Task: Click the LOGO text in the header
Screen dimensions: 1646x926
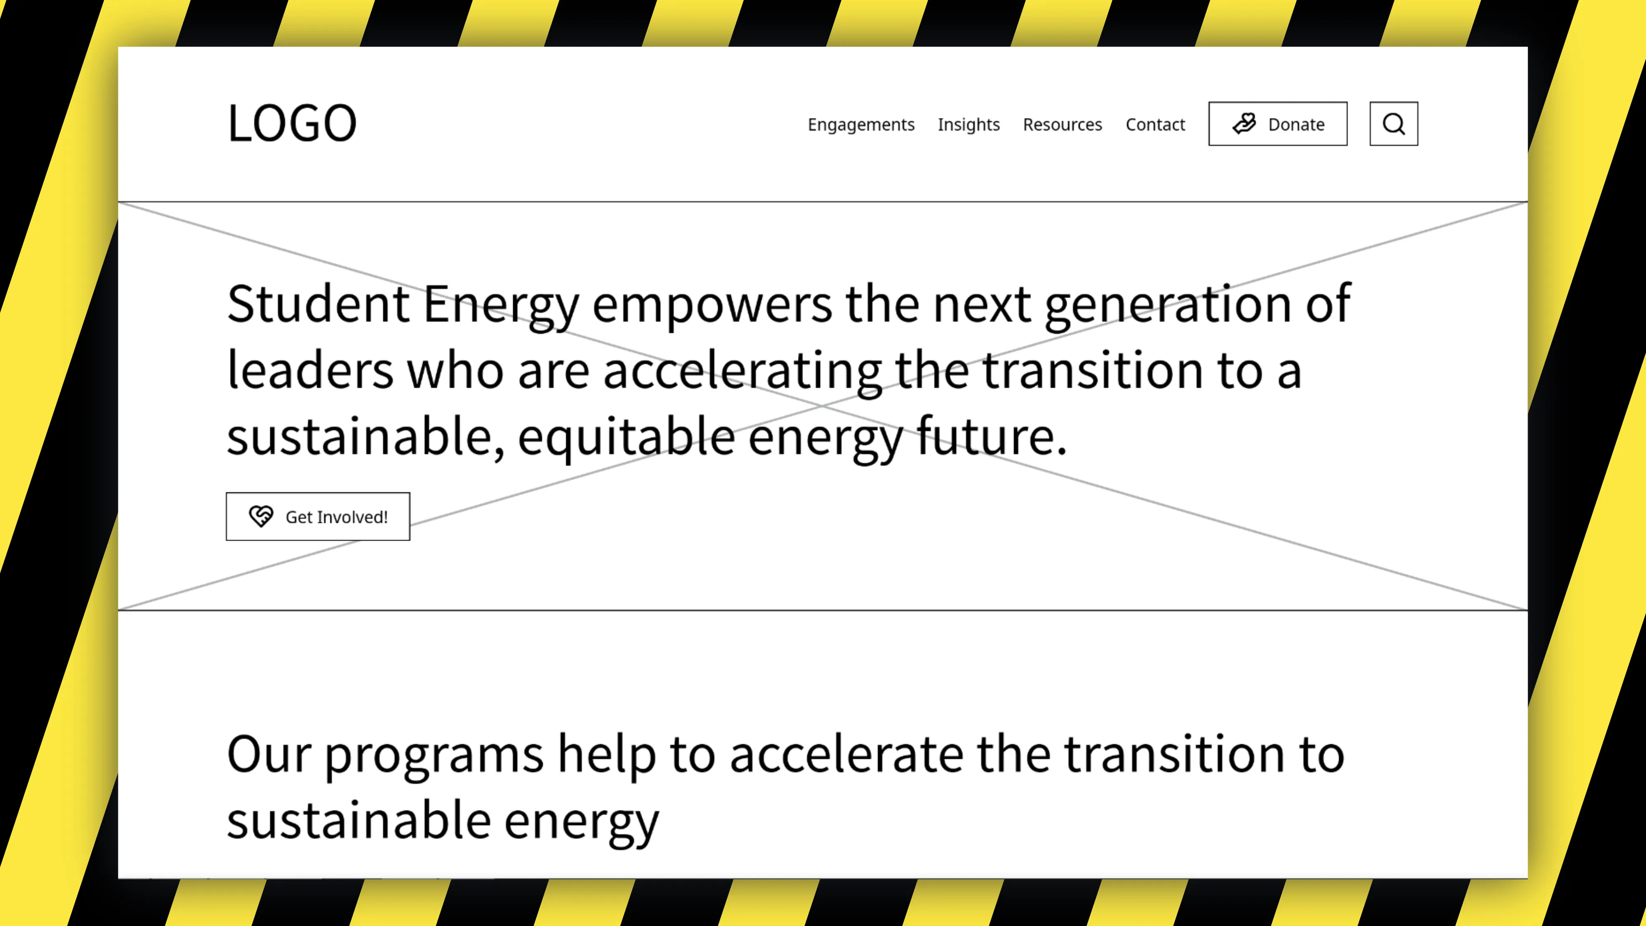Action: pyautogui.click(x=292, y=123)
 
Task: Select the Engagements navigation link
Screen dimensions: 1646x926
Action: pyautogui.click(x=861, y=125)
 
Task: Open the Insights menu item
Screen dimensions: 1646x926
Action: pyautogui.click(x=969, y=125)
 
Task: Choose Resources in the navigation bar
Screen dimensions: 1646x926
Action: pyautogui.click(x=1062, y=124)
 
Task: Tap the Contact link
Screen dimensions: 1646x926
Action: pyautogui.click(x=1155, y=124)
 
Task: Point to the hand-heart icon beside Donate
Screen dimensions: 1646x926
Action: pyautogui.click(x=1244, y=123)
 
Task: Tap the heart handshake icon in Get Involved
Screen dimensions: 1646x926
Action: pyautogui.click(x=261, y=516)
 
